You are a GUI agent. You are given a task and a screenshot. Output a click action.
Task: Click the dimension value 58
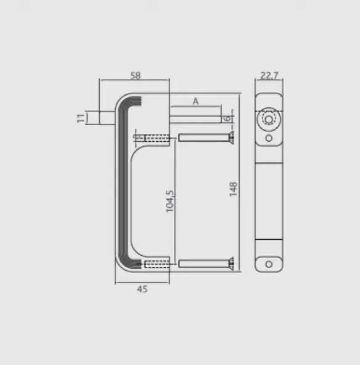[x=136, y=75]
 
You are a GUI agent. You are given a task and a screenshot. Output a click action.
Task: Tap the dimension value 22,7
[x=269, y=75]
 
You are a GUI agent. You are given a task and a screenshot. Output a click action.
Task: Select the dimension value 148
[x=233, y=189]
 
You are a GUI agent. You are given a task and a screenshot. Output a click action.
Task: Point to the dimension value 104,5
[x=170, y=202]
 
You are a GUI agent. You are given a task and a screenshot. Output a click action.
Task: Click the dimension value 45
[x=142, y=289]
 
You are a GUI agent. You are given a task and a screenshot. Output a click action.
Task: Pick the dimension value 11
[x=81, y=118]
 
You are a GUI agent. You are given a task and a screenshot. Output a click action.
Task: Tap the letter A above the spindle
[x=195, y=101]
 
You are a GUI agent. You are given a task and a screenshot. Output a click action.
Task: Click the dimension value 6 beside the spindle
[x=227, y=118]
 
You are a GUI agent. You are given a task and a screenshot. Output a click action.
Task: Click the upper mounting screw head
[x=231, y=137]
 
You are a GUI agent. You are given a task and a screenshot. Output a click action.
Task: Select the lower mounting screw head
[x=231, y=264]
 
